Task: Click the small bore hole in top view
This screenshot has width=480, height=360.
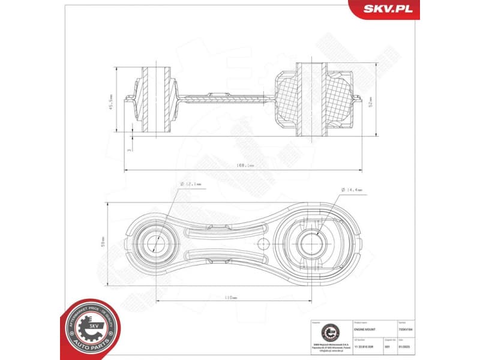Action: click(x=154, y=244)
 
